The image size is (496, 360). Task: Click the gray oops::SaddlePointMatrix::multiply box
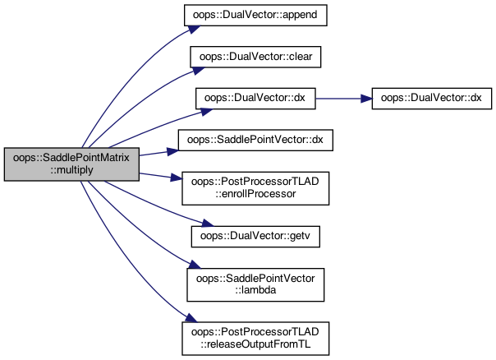point(71,164)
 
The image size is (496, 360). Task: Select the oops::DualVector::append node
point(255,15)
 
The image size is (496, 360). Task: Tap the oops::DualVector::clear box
point(255,57)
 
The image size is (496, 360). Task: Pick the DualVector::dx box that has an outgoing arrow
point(255,99)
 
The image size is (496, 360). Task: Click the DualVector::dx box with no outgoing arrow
point(431,99)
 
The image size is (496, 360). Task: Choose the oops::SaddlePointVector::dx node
point(255,140)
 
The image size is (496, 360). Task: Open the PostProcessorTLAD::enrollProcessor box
point(255,188)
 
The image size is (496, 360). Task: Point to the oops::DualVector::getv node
point(255,237)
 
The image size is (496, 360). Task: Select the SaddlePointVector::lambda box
point(255,284)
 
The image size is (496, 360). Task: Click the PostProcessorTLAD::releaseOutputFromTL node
point(255,339)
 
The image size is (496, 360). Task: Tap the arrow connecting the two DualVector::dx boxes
point(343,99)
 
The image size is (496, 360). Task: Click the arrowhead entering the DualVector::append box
point(194,29)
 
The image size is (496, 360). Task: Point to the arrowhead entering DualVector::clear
point(198,71)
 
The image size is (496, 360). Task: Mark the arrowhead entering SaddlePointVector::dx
point(172,151)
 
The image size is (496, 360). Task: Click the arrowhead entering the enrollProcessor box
point(177,178)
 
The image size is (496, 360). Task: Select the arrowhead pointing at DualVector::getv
point(208,224)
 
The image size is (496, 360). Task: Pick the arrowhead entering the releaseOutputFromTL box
point(191,318)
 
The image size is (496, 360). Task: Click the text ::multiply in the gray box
point(71,170)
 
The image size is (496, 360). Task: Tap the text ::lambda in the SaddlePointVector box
point(255,290)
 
